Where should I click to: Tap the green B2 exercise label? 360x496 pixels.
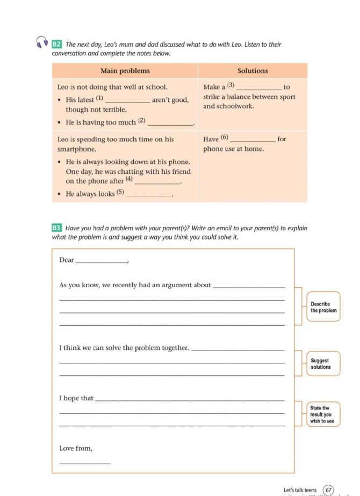point(57,44)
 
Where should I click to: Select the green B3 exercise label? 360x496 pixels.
point(57,228)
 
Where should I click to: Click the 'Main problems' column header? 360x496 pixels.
point(125,71)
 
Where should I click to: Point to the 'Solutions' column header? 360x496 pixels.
point(253,71)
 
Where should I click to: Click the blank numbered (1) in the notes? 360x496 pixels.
point(128,100)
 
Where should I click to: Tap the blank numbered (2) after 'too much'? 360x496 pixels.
point(170,123)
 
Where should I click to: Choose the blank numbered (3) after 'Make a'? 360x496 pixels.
point(259,87)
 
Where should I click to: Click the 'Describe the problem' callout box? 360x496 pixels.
point(323,307)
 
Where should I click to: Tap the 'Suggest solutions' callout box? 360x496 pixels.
point(323,364)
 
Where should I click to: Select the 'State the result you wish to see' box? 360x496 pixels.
point(322,414)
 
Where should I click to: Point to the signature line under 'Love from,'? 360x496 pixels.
point(84,462)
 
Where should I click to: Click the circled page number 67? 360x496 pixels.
point(328,490)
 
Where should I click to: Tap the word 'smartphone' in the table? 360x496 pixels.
point(77,149)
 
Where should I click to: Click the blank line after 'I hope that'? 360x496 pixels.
point(189,399)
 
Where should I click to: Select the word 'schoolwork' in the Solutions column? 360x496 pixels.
point(236,106)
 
